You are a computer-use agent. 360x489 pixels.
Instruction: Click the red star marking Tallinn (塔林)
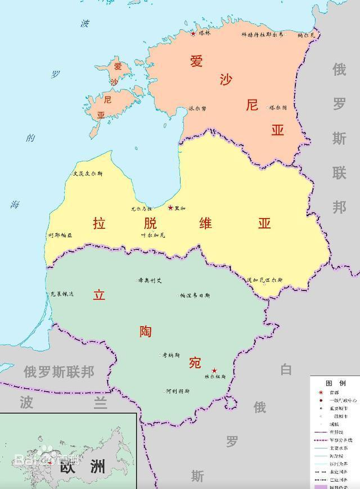[x=193, y=34]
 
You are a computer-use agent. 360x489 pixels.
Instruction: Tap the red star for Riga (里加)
[x=170, y=207]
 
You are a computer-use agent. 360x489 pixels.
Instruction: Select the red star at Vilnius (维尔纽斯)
[x=214, y=371]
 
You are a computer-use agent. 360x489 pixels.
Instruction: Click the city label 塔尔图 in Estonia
[x=278, y=107]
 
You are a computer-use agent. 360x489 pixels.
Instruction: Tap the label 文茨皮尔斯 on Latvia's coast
[x=87, y=174]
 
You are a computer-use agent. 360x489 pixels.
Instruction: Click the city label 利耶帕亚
[x=60, y=236]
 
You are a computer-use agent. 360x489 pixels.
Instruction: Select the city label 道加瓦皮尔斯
[x=264, y=280]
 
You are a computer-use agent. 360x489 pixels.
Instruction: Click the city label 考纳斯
[x=170, y=355]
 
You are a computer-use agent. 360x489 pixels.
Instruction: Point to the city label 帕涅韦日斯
[x=195, y=295]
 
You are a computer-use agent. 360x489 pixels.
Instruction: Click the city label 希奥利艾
[x=150, y=280]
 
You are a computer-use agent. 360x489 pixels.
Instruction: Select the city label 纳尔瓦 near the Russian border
[x=307, y=35]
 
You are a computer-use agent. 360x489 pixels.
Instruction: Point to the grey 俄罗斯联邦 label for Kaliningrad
[x=58, y=372]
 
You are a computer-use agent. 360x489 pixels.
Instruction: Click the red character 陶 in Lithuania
[x=146, y=332]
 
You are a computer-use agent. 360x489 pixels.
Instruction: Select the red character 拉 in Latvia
[x=99, y=223]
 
